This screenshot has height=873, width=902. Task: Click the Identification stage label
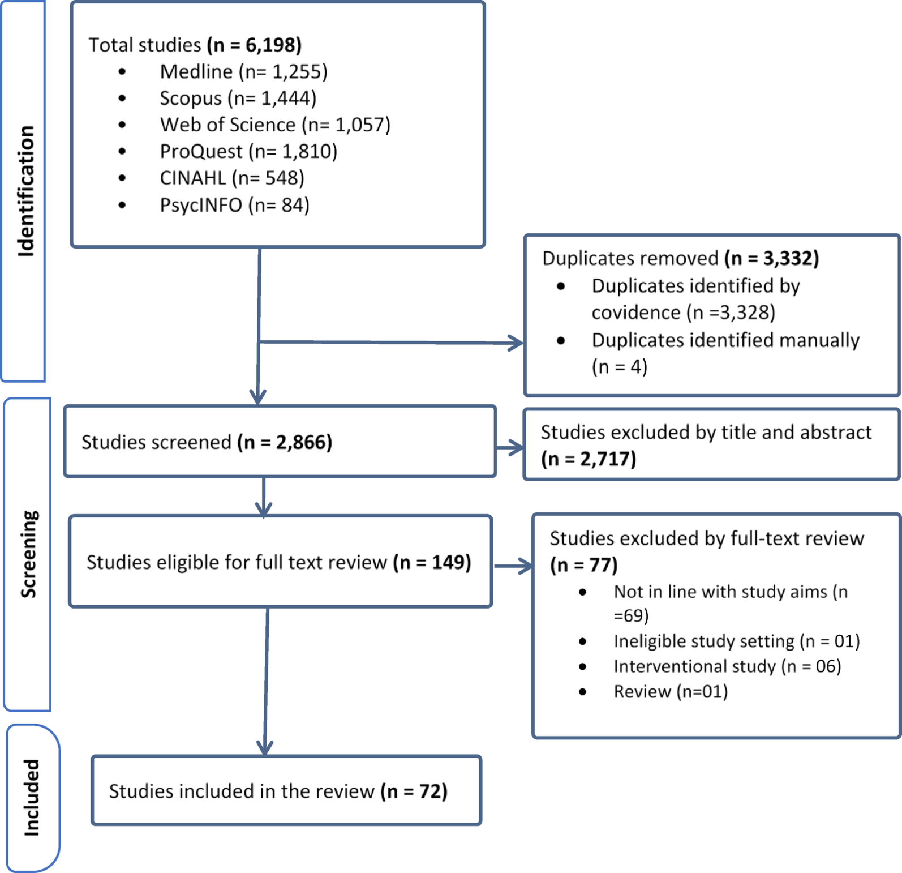click(x=25, y=191)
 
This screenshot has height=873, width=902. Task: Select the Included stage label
click(x=31, y=798)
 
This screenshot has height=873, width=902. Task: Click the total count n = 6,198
click(x=254, y=45)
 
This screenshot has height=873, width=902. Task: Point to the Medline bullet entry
click(x=244, y=72)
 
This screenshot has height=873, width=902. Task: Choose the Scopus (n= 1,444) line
click(x=238, y=99)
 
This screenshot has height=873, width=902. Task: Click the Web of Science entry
click(x=276, y=125)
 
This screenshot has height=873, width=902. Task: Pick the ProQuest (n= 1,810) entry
click(x=248, y=152)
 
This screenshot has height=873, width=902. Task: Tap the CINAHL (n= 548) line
click(x=232, y=178)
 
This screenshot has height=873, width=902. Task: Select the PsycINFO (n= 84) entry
click(x=235, y=205)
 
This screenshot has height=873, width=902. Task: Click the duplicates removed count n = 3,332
click(x=772, y=258)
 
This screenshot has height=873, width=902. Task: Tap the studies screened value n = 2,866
click(x=285, y=442)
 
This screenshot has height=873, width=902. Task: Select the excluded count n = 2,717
click(x=589, y=459)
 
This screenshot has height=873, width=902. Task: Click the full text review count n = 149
click(x=432, y=563)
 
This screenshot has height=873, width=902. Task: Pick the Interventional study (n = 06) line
click(x=727, y=666)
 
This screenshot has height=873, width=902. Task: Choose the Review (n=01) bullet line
click(x=671, y=692)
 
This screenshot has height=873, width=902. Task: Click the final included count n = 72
click(x=414, y=791)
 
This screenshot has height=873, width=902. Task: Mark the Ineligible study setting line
click(x=737, y=641)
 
